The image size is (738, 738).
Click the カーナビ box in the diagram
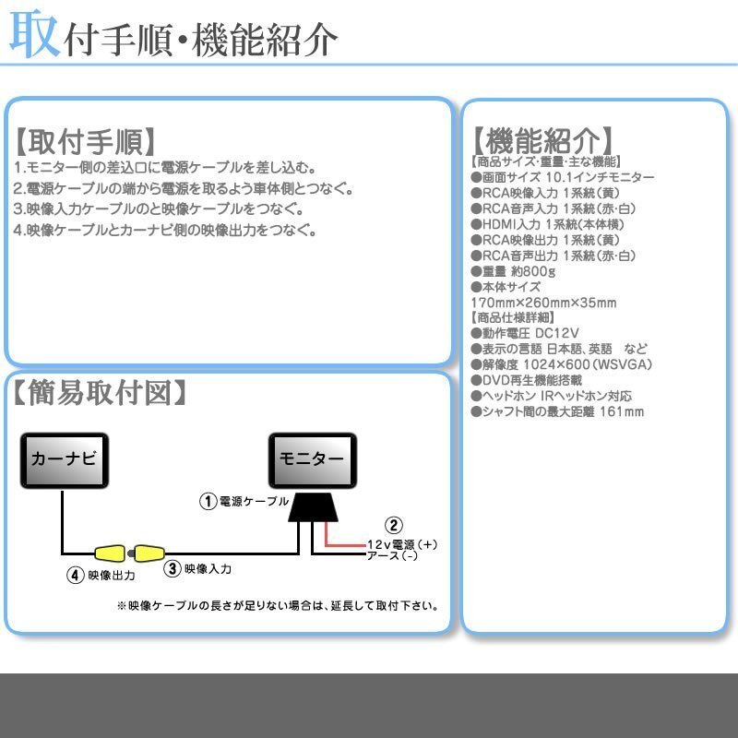[65, 460]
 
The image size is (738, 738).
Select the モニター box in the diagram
[313, 460]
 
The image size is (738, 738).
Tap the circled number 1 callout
[208, 501]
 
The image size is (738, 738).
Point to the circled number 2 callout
[394, 525]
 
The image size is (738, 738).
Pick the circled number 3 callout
[173, 568]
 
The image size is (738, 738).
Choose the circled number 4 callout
[76, 575]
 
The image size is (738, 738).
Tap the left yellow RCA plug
[110, 553]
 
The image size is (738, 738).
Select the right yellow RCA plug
[149, 553]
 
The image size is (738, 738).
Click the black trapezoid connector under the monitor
[313, 507]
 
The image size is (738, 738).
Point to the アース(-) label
[392, 556]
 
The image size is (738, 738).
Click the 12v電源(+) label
[402, 544]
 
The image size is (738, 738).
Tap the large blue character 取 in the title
[35, 34]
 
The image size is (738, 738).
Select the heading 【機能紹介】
[542, 140]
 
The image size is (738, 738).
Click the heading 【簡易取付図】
[100, 393]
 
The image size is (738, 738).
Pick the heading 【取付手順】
[85, 141]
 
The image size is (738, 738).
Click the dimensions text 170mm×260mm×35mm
[543, 303]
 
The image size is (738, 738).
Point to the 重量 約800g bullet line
[513, 271]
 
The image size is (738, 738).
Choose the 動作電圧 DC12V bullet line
[525, 333]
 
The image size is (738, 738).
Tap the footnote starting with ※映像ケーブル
[278, 606]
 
